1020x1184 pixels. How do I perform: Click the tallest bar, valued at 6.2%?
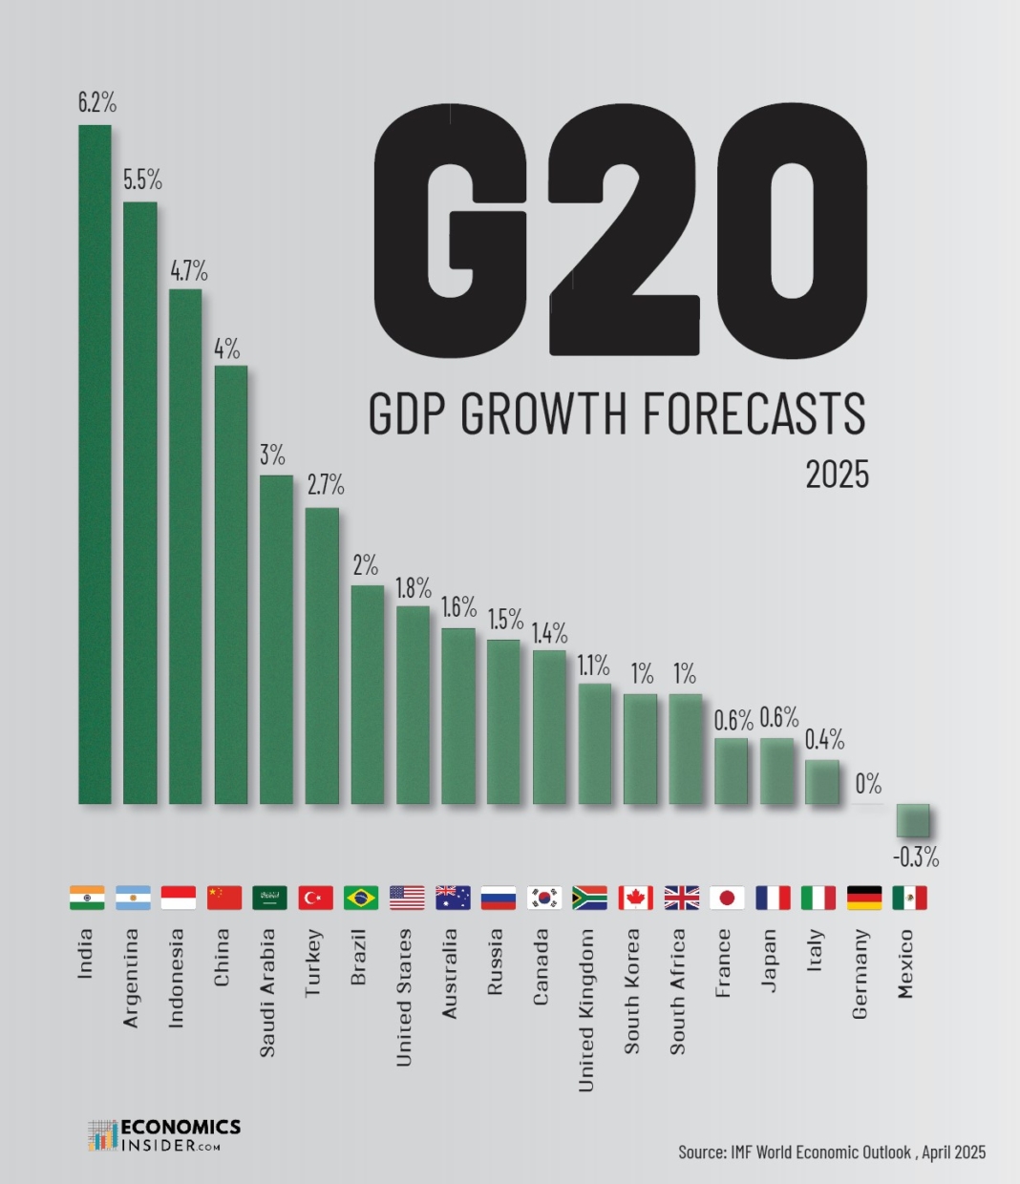[x=95, y=464]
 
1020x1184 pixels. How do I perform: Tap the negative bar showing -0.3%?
[x=912, y=820]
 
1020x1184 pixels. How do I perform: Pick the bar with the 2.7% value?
[x=322, y=655]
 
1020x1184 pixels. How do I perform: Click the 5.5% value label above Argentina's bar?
[x=142, y=180]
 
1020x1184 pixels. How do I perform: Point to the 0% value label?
[x=868, y=785]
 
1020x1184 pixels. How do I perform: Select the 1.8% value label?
[x=414, y=588]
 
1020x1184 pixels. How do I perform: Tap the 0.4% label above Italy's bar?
[x=824, y=739]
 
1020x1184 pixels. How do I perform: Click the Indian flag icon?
[x=87, y=898]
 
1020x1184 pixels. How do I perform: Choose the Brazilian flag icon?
[x=361, y=898]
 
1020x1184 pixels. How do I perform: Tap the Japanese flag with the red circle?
[x=727, y=898]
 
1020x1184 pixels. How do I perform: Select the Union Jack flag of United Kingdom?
[x=681, y=898]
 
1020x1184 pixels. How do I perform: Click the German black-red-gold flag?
[x=864, y=898]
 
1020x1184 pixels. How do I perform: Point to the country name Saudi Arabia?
[x=268, y=992]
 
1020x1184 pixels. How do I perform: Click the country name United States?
[x=405, y=997]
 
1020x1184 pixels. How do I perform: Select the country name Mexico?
[x=906, y=963]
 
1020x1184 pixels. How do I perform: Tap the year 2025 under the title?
[x=837, y=475]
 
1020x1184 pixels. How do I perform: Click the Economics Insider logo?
[x=164, y=1134]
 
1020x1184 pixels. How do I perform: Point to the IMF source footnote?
[x=831, y=1152]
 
